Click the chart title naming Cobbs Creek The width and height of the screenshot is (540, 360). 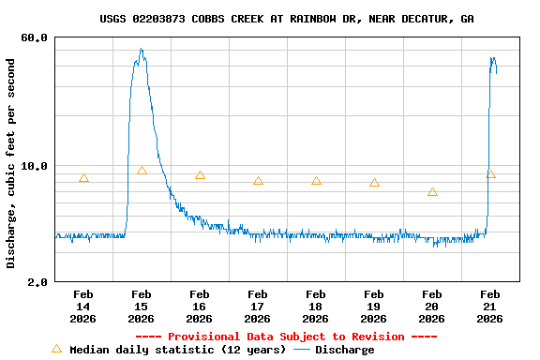click(287, 19)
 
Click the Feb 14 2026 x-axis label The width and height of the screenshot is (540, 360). click(83, 307)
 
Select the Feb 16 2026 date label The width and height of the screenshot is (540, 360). click(200, 307)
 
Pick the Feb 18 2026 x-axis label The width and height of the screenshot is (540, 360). click(316, 307)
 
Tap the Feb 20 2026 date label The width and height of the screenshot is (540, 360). click(432, 307)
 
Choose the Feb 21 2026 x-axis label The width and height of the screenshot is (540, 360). click(490, 307)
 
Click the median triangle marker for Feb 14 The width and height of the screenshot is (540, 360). click(83, 178)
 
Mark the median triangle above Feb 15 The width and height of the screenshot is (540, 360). click(142, 171)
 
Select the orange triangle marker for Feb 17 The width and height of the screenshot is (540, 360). click(258, 181)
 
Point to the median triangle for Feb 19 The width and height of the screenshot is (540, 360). click(374, 183)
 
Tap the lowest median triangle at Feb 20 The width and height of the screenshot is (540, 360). click(432, 192)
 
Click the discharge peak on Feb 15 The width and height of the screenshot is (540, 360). click(142, 51)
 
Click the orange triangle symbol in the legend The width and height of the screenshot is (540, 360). click(56, 349)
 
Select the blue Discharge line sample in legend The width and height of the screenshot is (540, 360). click(302, 350)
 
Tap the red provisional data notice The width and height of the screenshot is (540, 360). click(286, 337)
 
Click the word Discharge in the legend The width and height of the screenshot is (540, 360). click(344, 350)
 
